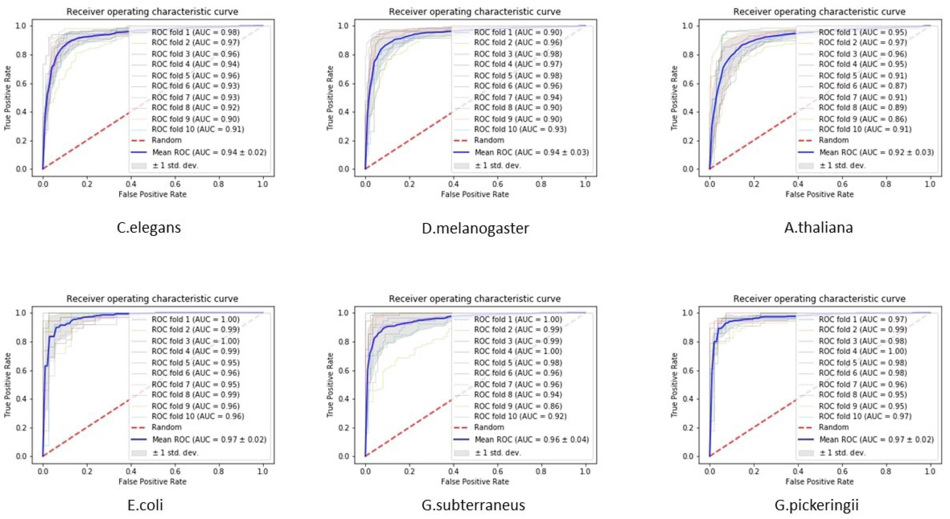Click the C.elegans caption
(x=149, y=228)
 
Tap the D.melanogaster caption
(x=475, y=228)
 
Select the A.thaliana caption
(x=818, y=228)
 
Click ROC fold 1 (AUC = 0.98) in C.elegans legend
(x=196, y=33)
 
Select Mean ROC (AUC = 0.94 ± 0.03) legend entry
(x=532, y=152)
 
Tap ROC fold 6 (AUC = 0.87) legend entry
(x=863, y=86)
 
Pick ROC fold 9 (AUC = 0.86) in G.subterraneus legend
(x=518, y=406)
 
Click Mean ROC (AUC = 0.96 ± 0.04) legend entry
(x=532, y=440)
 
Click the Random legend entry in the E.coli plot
(x=166, y=427)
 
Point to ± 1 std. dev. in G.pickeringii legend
(x=842, y=453)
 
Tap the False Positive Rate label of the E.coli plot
(x=152, y=481)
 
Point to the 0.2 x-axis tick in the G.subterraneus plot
(x=409, y=471)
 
